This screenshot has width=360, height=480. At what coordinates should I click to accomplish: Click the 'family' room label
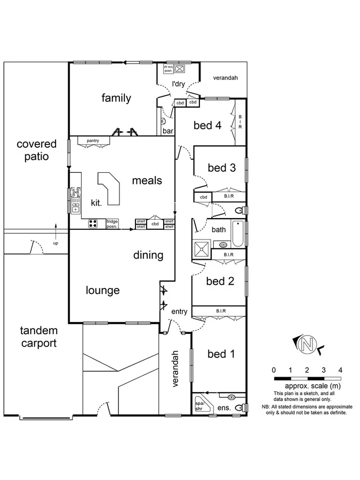point(116,98)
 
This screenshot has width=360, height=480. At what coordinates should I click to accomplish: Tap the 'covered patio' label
point(36,150)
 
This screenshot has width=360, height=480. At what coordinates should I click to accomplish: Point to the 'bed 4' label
point(207,125)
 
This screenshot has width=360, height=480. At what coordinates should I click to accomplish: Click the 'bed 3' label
point(221,167)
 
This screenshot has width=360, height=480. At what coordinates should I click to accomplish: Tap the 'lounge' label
point(102,291)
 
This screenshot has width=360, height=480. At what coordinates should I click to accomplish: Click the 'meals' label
point(147,181)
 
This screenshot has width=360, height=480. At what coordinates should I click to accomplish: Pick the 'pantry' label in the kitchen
point(93,140)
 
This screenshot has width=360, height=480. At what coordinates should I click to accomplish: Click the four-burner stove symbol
point(93,223)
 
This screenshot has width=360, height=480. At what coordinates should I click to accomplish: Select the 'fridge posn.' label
point(111,223)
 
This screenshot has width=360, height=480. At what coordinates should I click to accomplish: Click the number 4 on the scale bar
point(340,370)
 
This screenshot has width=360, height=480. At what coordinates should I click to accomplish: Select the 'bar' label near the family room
point(168,130)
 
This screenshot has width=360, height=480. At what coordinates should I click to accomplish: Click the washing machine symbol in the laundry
point(180,69)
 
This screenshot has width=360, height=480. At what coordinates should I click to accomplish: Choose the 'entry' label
point(179,311)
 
